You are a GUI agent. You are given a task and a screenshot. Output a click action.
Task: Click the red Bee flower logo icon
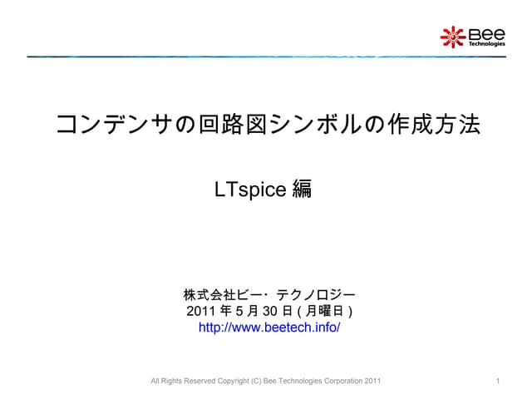452,36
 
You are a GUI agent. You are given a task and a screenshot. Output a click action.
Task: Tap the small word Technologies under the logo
487,44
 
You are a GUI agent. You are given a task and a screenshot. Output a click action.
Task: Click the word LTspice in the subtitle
250,190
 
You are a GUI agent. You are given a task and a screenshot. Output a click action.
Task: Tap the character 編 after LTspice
303,190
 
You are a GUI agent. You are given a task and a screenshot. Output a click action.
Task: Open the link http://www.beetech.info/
269,328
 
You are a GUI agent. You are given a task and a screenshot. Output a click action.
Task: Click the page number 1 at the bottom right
496,382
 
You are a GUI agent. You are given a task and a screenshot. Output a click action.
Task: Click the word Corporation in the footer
343,382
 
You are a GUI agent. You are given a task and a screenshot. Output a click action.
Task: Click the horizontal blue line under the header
266,57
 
